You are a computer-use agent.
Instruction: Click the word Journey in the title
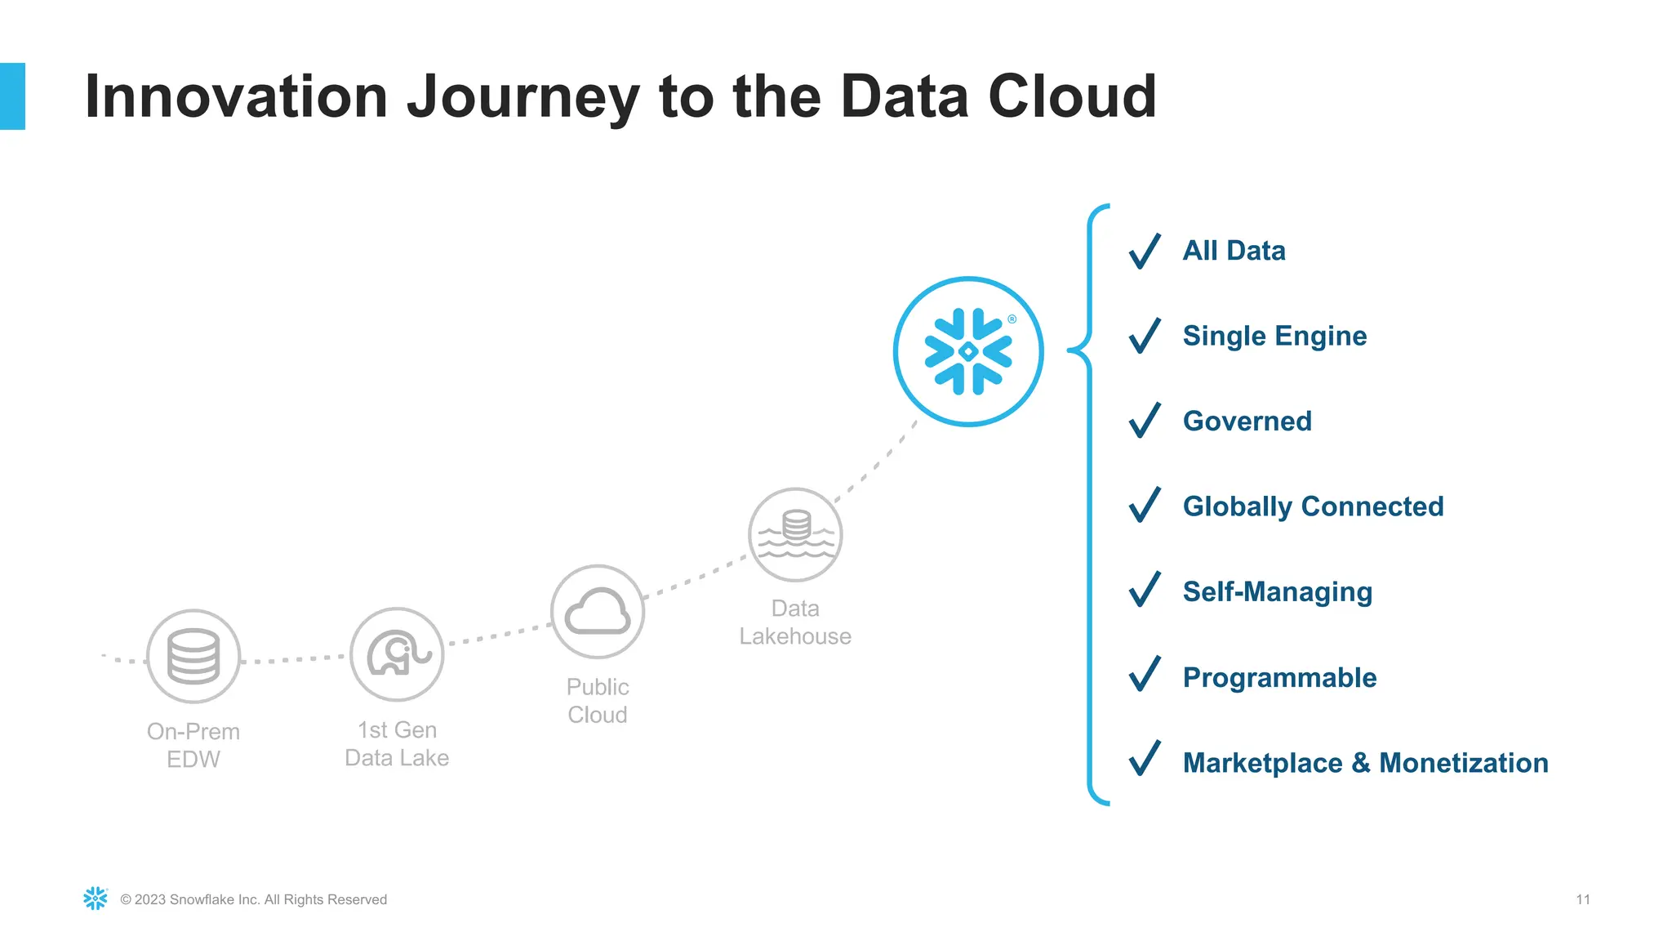[x=523, y=98]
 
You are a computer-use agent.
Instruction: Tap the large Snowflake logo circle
[x=968, y=351]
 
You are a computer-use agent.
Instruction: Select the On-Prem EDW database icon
[x=193, y=656]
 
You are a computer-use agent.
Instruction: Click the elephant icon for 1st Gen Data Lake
[x=398, y=654]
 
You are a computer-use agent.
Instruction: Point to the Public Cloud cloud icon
[x=598, y=612]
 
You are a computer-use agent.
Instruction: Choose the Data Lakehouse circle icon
[x=795, y=535]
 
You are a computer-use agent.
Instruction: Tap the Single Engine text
[x=1274, y=336]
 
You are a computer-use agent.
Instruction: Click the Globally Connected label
[x=1313, y=506]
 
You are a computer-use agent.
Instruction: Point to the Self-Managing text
[x=1277, y=592]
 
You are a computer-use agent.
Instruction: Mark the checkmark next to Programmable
[x=1145, y=677]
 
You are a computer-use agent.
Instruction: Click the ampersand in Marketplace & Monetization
[x=1360, y=763]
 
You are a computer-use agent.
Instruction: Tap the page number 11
[x=1583, y=899]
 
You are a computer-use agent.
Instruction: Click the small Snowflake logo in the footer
[x=96, y=899]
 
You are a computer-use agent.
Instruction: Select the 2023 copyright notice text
[x=253, y=899]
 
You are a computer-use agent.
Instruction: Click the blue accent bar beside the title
[x=12, y=96]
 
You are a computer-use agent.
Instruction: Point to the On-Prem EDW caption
[x=193, y=745]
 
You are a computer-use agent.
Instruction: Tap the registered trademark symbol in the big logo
[x=1012, y=319]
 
